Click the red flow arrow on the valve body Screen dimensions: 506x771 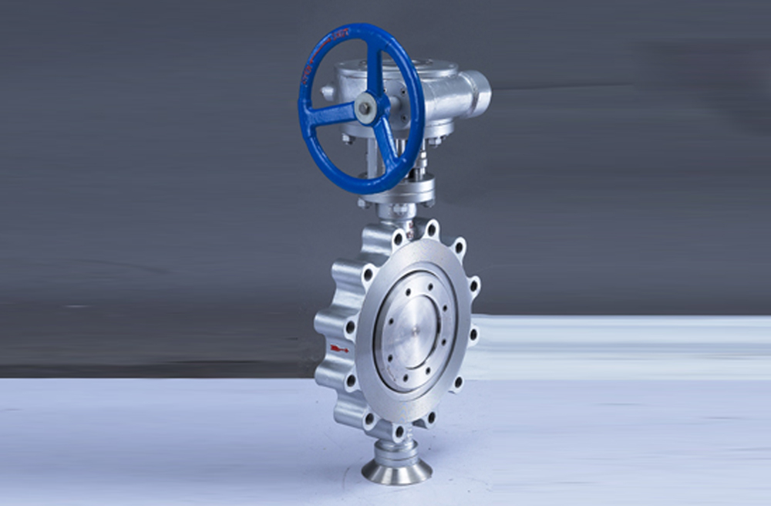click(x=338, y=349)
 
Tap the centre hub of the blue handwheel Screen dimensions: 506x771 click(x=365, y=108)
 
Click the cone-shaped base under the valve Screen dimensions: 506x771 click(x=396, y=468)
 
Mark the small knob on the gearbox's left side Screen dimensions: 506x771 click(x=328, y=92)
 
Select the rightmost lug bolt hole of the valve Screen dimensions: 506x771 click(x=473, y=335)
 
